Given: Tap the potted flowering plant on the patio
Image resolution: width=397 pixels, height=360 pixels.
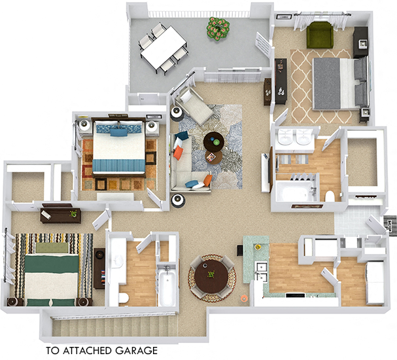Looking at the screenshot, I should pyautogui.click(x=218, y=27).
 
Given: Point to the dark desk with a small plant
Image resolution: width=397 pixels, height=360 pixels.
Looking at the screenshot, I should pyautogui.click(x=60, y=213).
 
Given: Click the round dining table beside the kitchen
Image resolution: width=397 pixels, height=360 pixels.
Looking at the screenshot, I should pyautogui.click(x=211, y=276).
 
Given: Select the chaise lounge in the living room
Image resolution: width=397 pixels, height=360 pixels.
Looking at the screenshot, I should pyautogui.click(x=195, y=106).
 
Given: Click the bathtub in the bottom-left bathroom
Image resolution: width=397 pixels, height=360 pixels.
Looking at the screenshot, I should pyautogui.click(x=167, y=287).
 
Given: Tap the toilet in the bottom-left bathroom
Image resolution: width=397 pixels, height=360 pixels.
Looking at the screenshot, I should pyautogui.click(x=123, y=298).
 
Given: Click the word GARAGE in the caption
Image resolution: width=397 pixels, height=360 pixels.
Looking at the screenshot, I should pyautogui.click(x=138, y=351).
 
